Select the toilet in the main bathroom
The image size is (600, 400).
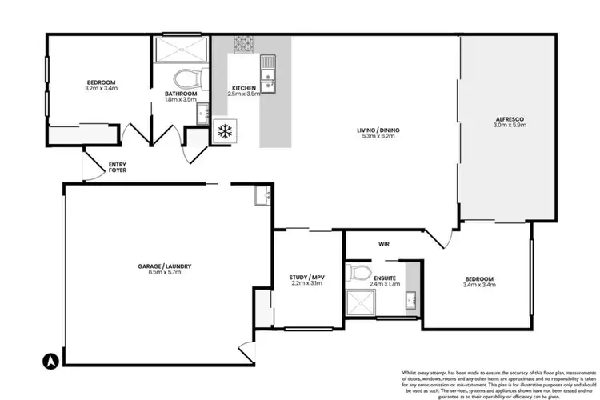pyautogui.click(x=186, y=78)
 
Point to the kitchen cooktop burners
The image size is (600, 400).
pyautogui.click(x=243, y=44)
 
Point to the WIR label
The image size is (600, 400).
pyautogui.click(x=382, y=245)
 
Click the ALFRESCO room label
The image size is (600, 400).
pyautogui.click(x=508, y=119)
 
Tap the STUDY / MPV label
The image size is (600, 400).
pyautogui.click(x=306, y=277)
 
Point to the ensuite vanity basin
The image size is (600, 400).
pyautogui.click(x=411, y=301)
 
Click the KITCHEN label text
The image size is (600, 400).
pyautogui.click(x=243, y=87)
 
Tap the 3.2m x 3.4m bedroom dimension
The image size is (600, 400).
pyautogui.click(x=102, y=89)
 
